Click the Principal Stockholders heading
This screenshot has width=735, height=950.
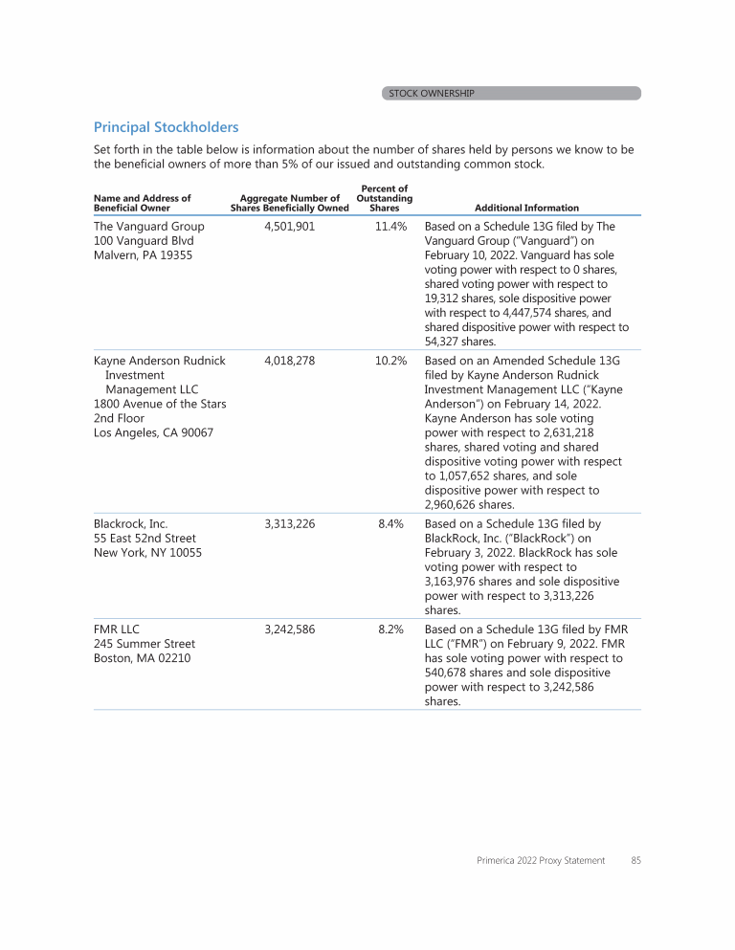tap(166, 127)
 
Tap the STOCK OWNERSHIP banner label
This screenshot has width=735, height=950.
tap(431, 94)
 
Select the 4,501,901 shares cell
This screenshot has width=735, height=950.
tap(289, 227)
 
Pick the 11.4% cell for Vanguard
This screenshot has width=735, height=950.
tap(390, 227)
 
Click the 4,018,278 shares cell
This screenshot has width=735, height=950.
tap(289, 361)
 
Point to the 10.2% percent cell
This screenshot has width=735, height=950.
tap(390, 361)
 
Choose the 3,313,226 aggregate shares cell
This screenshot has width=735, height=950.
tap(289, 523)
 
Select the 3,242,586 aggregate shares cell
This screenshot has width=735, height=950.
tap(289, 630)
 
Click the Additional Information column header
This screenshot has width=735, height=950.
tap(526, 208)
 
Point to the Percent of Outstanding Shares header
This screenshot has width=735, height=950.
tap(384, 198)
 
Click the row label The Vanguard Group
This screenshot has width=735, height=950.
tap(148, 227)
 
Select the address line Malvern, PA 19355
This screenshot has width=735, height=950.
tap(143, 255)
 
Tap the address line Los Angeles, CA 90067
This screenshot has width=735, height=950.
tap(153, 432)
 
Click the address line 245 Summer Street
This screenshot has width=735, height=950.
tap(144, 644)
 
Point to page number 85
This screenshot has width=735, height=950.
tap(635, 860)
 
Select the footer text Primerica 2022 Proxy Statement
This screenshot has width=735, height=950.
tap(541, 860)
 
